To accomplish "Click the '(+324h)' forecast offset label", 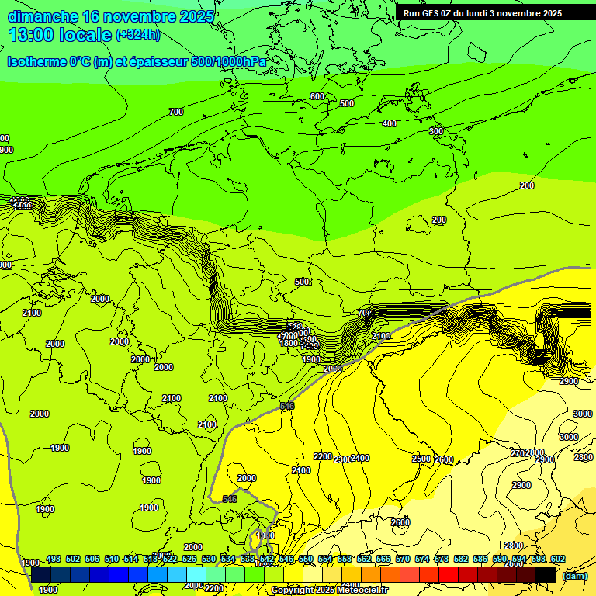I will tap(138, 35).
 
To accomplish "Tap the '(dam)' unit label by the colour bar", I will tap(574, 576).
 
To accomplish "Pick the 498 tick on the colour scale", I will tap(54, 559).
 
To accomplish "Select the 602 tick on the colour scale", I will tap(558, 559).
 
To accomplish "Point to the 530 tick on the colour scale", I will tap(209, 559).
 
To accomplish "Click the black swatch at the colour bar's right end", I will tap(546, 574).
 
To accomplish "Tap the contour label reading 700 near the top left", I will tap(176, 112).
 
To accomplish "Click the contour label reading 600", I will tap(317, 96).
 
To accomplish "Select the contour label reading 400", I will tap(390, 123).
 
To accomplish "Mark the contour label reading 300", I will tap(436, 131).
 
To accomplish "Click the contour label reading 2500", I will tap(421, 459).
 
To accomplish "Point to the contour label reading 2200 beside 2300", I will tap(322, 456).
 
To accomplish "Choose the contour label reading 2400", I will tap(361, 459).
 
